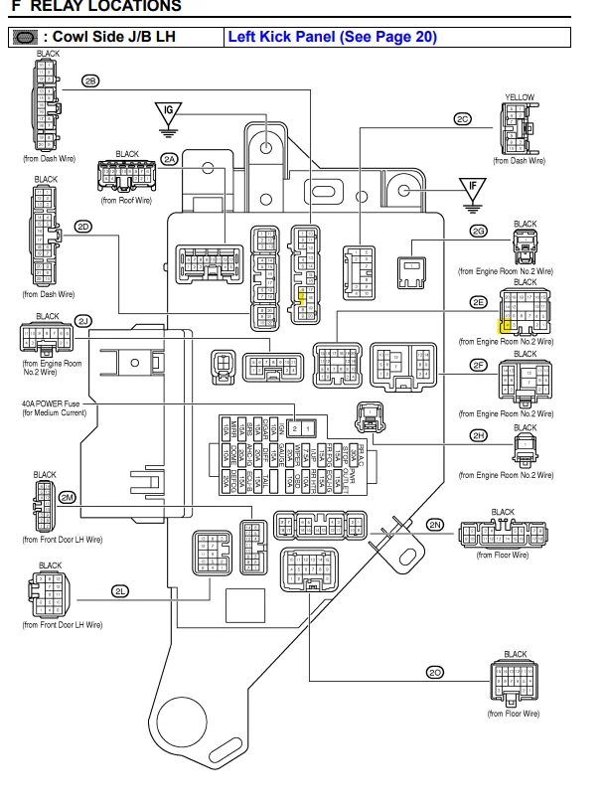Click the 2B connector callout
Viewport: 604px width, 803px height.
[90, 81]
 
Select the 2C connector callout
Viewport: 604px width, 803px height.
[462, 118]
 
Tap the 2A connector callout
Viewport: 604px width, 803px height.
[170, 159]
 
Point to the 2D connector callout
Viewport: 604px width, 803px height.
[83, 227]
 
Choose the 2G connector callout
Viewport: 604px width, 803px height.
[480, 232]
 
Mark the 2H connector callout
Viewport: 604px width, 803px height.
[480, 435]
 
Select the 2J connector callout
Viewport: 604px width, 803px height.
[83, 320]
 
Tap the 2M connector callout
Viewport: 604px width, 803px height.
[68, 496]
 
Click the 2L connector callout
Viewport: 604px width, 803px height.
[120, 591]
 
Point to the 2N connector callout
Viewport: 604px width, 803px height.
[435, 524]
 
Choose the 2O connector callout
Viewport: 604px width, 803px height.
[435, 673]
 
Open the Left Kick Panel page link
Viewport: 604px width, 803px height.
[332, 38]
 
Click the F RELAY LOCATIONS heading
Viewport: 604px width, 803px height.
[95, 7]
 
